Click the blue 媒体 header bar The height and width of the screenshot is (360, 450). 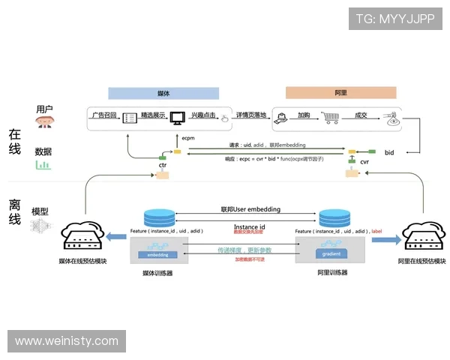click(x=163, y=94)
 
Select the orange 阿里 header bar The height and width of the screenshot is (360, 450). click(x=340, y=94)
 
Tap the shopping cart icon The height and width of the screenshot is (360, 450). click(x=330, y=118)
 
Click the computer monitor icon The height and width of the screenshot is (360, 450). click(x=177, y=118)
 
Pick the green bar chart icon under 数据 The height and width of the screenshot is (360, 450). click(x=43, y=164)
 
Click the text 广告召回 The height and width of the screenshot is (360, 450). click(x=103, y=115)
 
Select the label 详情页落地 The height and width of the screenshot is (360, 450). click(x=251, y=115)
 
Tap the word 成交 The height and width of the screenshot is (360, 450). click(x=361, y=115)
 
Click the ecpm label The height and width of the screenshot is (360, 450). click(x=188, y=138)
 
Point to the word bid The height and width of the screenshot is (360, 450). click(x=389, y=152)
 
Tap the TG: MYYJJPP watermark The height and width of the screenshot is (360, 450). click(x=394, y=18)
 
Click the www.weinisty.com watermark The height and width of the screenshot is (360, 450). click(x=66, y=341)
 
